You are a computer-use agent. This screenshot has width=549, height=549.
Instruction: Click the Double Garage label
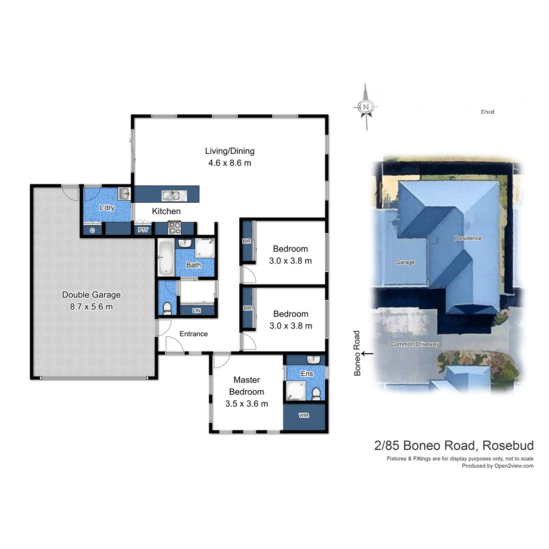(x=91, y=295)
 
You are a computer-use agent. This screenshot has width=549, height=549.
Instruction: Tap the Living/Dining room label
(x=230, y=151)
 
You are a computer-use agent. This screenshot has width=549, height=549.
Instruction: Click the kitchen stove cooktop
(x=174, y=228)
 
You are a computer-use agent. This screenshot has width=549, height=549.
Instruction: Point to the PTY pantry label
(x=143, y=230)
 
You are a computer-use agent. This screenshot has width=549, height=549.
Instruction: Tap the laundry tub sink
(x=124, y=194)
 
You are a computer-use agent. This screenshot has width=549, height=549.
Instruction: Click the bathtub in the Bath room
(x=165, y=257)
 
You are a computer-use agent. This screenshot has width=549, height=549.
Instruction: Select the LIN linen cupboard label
(x=197, y=311)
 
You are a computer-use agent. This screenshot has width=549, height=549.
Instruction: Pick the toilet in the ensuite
(x=316, y=393)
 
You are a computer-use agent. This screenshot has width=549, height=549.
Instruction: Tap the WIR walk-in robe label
(x=304, y=415)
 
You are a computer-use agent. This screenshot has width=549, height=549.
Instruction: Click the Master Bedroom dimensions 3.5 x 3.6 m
(x=247, y=404)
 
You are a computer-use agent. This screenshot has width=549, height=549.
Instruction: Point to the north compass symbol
(x=366, y=107)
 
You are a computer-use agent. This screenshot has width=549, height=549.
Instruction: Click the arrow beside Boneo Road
(x=367, y=353)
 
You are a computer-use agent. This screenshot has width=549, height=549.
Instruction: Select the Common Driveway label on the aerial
(x=414, y=344)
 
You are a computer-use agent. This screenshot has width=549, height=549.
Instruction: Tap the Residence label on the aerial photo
(x=468, y=238)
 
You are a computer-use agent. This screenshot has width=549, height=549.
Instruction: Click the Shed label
(x=487, y=112)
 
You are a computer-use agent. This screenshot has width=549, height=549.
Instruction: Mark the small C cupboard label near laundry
(x=92, y=230)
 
